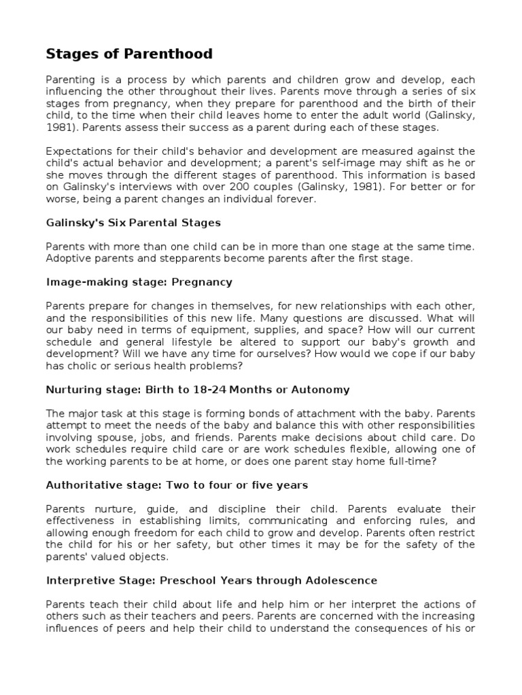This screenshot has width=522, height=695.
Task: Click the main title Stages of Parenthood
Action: pos(129,54)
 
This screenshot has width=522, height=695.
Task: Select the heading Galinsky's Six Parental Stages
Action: pos(133,223)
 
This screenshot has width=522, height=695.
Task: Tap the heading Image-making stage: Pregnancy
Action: pos(139,281)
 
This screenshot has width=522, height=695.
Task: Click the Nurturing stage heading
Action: pos(198,390)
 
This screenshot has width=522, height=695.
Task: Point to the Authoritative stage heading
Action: pos(177,485)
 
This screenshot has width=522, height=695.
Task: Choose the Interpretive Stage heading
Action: pos(211,581)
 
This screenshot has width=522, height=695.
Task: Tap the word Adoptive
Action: pos(65,258)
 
